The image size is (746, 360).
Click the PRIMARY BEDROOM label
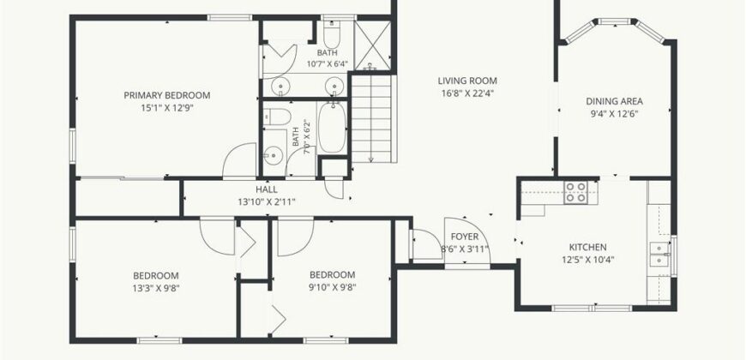pyautogui.click(x=167, y=95)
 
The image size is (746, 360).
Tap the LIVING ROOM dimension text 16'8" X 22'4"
pyautogui.click(x=467, y=93)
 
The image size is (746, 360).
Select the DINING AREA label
pyautogui.click(x=614, y=101)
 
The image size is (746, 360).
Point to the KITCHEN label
pyautogui.click(x=588, y=248)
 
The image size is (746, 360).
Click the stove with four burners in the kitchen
pyautogui.click(x=575, y=192)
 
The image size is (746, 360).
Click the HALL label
pyautogui.click(x=267, y=189)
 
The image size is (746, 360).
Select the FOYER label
pyautogui.click(x=465, y=237)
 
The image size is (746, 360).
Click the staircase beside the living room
pyautogui.click(x=371, y=119)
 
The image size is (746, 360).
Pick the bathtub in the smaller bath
pyautogui.click(x=332, y=128)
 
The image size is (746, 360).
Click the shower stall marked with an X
pyautogui.click(x=372, y=45)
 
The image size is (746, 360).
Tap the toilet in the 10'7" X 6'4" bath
pyautogui.click(x=331, y=32)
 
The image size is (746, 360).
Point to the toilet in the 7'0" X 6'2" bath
pyautogui.click(x=277, y=117)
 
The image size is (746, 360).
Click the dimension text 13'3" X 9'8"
pyautogui.click(x=156, y=288)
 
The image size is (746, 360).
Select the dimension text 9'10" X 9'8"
pyautogui.click(x=332, y=287)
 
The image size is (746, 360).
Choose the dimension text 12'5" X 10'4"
pyautogui.click(x=588, y=260)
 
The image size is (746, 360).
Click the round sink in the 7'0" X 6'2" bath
pyautogui.click(x=274, y=155)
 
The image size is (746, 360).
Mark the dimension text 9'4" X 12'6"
pyautogui.click(x=614, y=114)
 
